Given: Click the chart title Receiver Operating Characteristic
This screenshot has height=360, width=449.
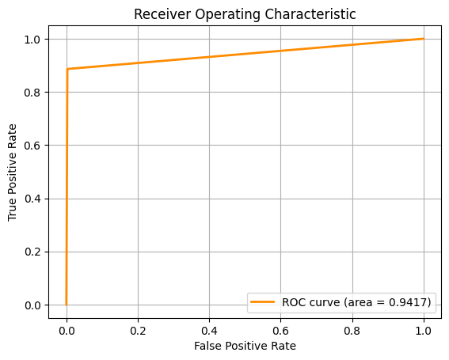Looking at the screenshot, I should pyautogui.click(x=245, y=14).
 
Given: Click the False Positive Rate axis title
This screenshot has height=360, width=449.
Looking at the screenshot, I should pyautogui.click(x=245, y=346).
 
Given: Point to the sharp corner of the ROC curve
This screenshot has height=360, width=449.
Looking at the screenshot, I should pyautogui.click(x=67, y=69).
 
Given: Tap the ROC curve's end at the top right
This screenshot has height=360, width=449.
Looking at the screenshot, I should pyautogui.click(x=424, y=39).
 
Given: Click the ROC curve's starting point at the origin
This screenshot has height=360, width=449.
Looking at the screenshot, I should pyautogui.click(x=67, y=305).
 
